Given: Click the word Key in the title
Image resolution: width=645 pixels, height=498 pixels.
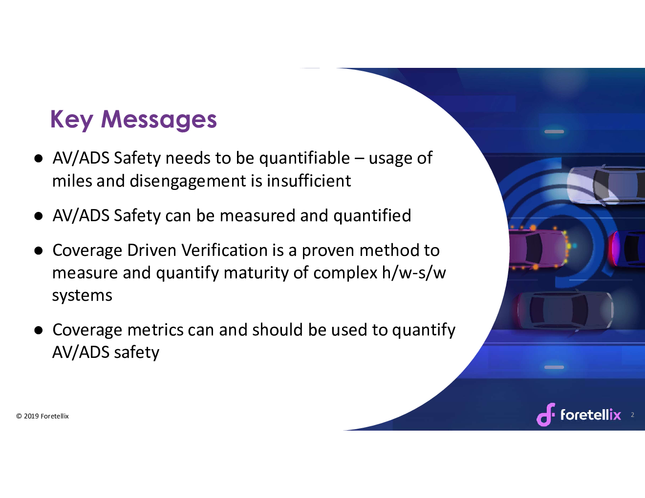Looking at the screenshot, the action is (72, 120).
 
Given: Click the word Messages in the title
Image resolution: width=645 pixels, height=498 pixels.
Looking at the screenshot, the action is (159, 120).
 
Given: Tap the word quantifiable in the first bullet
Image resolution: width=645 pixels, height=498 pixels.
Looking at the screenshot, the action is (304, 159).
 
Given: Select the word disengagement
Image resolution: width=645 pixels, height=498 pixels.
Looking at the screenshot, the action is (188, 181).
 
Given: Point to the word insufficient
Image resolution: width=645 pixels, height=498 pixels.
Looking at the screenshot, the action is (309, 181).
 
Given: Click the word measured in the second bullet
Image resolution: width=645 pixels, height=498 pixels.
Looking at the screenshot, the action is (258, 216).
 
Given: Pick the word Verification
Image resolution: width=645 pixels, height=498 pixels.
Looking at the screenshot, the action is (225, 250).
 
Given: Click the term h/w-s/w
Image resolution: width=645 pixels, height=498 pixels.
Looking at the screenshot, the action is (414, 272).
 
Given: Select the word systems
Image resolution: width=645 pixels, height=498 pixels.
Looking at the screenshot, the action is (82, 296).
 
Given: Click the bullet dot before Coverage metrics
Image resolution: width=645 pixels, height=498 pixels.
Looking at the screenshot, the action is (38, 331).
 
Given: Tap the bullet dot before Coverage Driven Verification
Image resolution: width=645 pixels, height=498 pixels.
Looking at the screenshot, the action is (38, 251).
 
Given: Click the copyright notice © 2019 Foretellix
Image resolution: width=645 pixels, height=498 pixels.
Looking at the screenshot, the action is (43, 416).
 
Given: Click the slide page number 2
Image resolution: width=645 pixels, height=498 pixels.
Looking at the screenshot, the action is (632, 415).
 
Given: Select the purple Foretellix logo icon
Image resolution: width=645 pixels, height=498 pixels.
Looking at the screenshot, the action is (546, 415).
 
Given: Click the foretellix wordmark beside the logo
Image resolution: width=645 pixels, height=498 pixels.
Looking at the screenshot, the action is (591, 415).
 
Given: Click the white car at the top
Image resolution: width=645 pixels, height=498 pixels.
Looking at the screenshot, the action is (605, 186).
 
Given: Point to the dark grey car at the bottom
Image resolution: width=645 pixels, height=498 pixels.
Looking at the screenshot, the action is (564, 310).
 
